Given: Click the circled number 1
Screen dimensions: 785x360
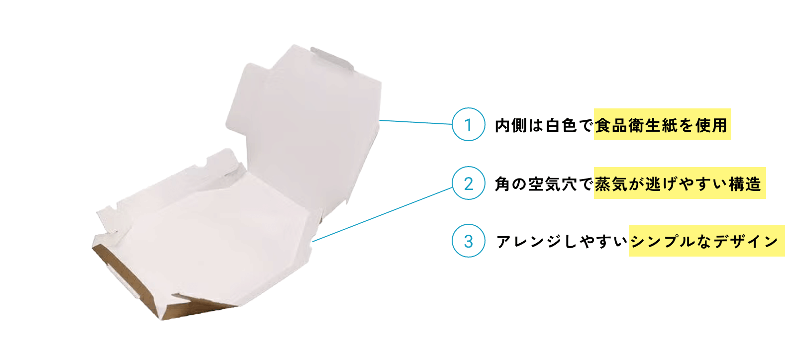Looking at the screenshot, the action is click(x=469, y=124).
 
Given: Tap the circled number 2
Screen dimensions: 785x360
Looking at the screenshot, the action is click(x=469, y=183).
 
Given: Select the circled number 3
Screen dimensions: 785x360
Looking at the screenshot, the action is click(x=469, y=241).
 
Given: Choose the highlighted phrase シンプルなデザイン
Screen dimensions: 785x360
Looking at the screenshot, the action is click(x=704, y=241).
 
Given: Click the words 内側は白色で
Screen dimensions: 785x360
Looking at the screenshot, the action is click(x=544, y=125).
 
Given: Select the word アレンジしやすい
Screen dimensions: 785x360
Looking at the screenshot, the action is click(x=562, y=241).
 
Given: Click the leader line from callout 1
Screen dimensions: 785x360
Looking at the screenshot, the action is click(x=415, y=122).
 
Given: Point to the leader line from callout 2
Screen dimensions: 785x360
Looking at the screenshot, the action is click(x=383, y=214).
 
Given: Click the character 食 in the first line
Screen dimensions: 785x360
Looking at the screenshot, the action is click(x=603, y=125).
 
